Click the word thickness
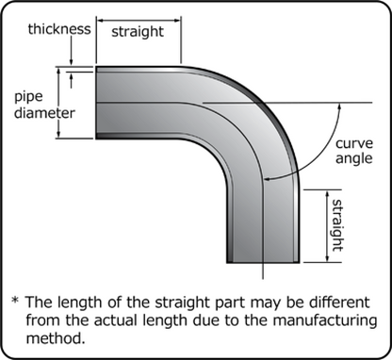click(x=46, y=28)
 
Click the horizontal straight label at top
click(x=138, y=31)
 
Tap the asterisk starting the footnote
click(x=16, y=303)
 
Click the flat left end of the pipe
click(x=97, y=102)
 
